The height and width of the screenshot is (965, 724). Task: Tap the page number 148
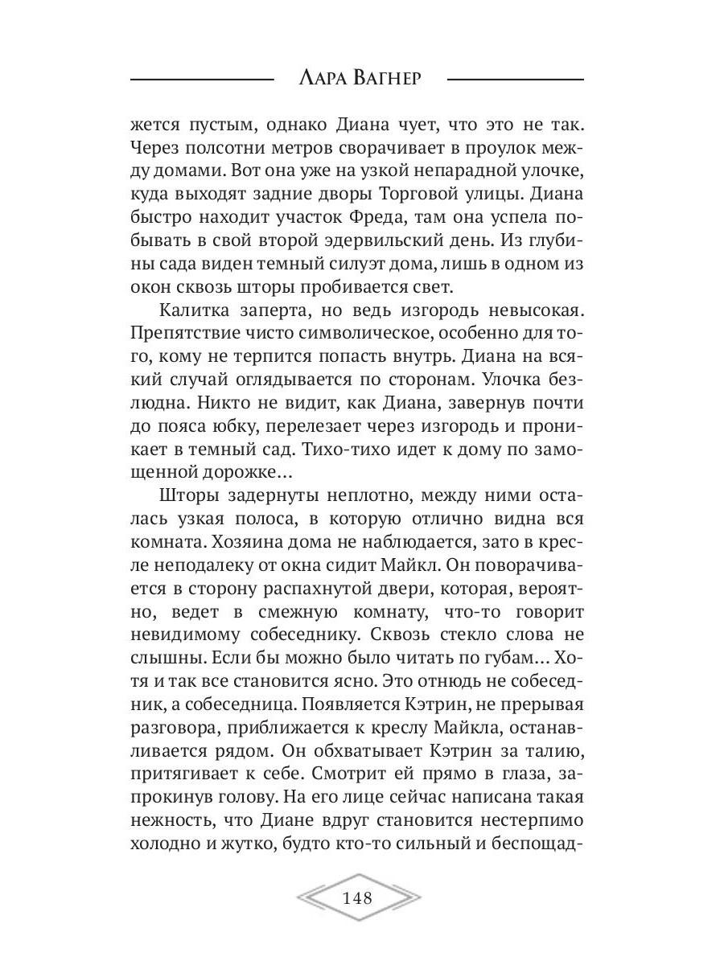pyautogui.click(x=357, y=897)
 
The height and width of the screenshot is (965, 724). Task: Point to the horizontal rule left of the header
pyautogui.click(x=201, y=80)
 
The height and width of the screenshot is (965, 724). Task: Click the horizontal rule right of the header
pyautogui.click(x=516, y=80)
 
